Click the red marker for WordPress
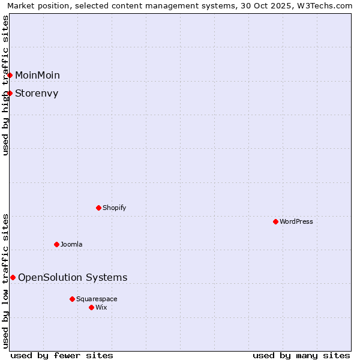point(275,221)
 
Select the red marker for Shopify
point(98,208)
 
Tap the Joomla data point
point(56,244)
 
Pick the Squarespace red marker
point(72,299)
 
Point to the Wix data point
point(91,307)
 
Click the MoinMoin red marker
point(10,75)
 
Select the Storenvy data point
point(10,93)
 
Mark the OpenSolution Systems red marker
point(13,277)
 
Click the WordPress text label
point(296,221)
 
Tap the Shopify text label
point(115,208)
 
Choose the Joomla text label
point(71,244)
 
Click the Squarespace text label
point(97,299)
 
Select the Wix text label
point(101,307)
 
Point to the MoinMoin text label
point(37,75)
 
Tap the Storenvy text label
point(37,93)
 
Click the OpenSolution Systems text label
point(73,277)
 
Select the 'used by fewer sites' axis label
point(62,355)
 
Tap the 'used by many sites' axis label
point(301,355)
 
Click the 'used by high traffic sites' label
point(5,85)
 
